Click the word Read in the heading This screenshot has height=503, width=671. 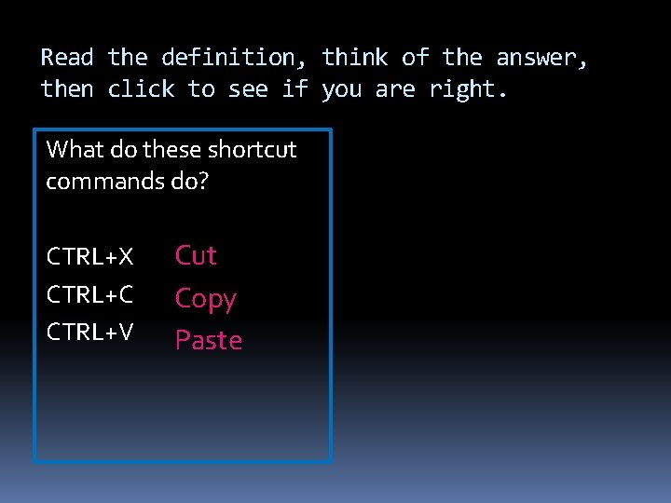[x=67, y=58]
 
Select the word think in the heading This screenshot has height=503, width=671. [x=355, y=58]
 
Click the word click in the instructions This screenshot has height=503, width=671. [x=142, y=89]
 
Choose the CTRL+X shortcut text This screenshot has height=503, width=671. [x=89, y=256]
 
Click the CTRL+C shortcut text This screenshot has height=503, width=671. [x=89, y=294]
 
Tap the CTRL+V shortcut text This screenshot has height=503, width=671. [x=89, y=332]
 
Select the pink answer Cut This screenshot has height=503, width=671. [x=196, y=255]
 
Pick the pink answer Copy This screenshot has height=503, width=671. [x=206, y=299]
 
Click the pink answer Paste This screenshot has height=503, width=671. [x=209, y=341]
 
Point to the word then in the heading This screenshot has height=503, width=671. [x=67, y=89]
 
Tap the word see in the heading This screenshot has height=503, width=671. [x=250, y=89]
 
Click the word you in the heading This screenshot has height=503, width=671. [x=342, y=90]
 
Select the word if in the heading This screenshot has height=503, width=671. [x=295, y=89]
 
